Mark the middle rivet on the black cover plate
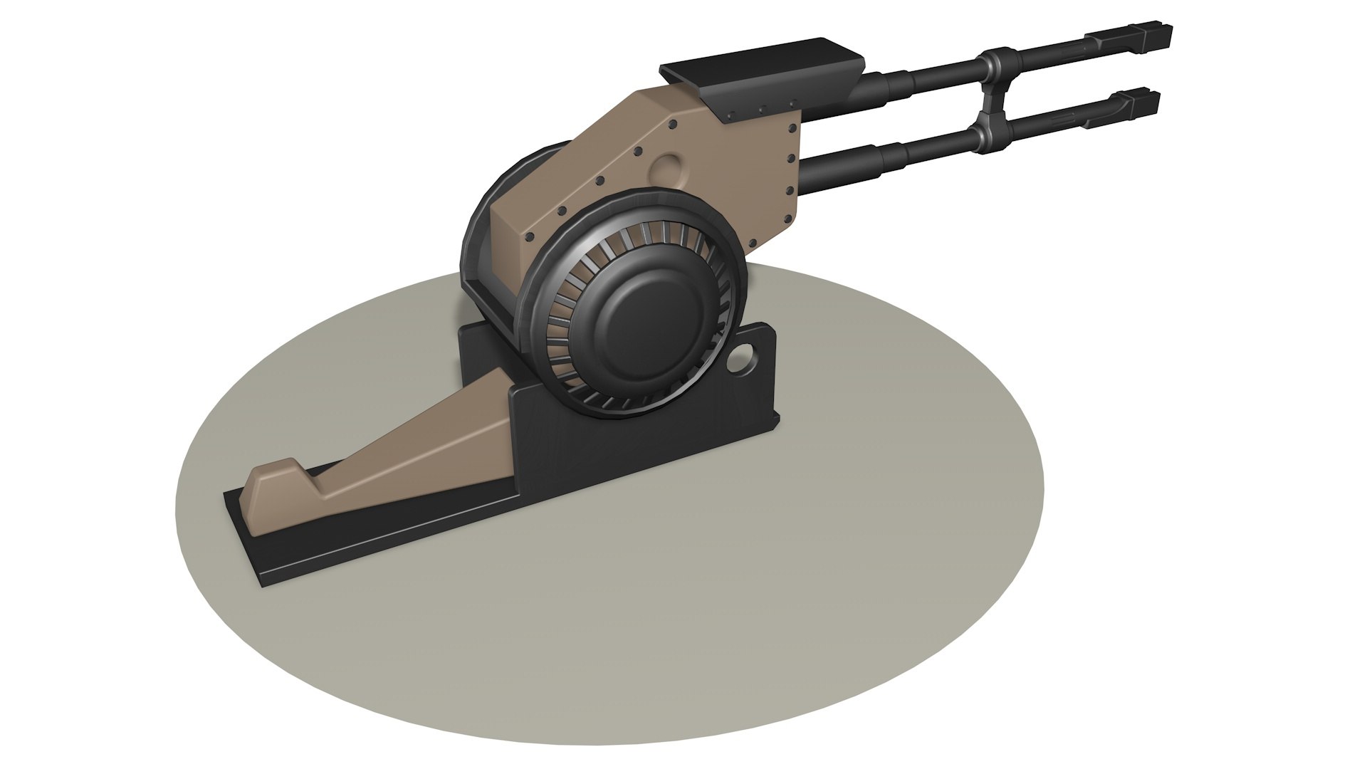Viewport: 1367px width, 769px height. (761, 110)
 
